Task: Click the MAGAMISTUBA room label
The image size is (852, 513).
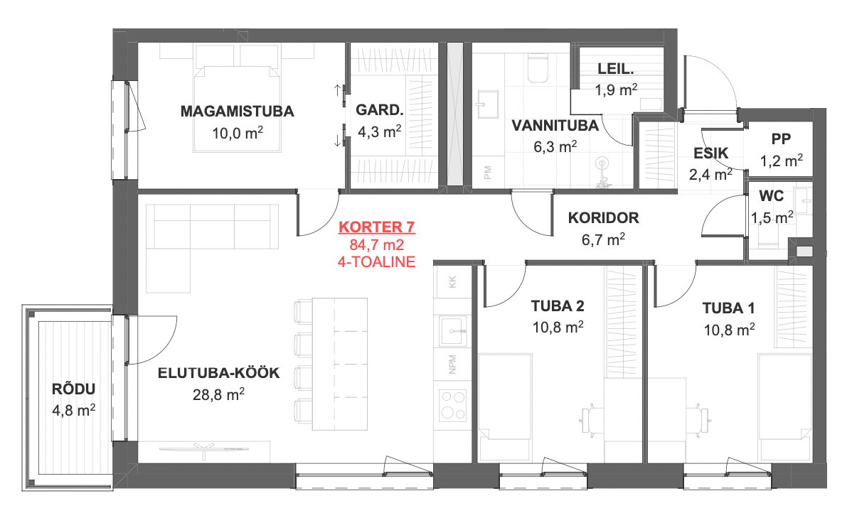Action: [x=237, y=112]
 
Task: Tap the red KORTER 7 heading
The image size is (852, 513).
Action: [x=376, y=227]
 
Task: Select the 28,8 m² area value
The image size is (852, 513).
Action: [x=218, y=394]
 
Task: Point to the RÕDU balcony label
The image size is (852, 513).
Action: [x=73, y=389]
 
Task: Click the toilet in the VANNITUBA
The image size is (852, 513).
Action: [x=538, y=68]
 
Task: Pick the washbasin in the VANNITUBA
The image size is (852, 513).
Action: [x=487, y=104]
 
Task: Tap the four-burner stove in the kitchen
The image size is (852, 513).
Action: [x=452, y=404]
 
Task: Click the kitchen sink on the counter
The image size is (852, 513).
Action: [x=453, y=330]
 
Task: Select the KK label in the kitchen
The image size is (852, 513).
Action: [x=452, y=282]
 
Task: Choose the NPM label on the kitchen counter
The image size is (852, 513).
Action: [x=452, y=364]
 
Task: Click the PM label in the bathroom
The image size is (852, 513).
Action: [x=487, y=173]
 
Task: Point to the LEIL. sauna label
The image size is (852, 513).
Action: [x=616, y=69]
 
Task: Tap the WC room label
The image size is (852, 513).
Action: [x=771, y=195]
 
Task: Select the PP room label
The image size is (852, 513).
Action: [x=781, y=139]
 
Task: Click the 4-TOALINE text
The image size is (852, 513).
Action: [x=376, y=261]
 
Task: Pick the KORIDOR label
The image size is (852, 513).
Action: [x=603, y=217]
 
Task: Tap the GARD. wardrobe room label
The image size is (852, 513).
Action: [x=380, y=110]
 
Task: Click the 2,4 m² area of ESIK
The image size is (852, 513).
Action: [x=710, y=174]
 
